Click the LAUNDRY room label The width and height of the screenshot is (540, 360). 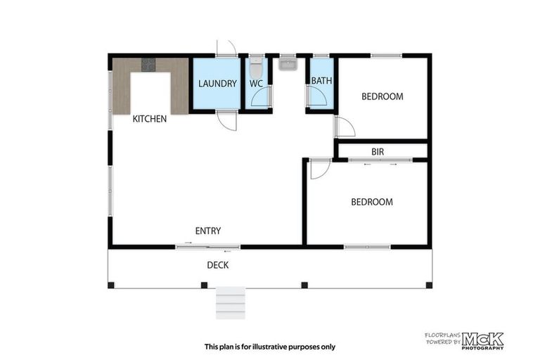point(217,84)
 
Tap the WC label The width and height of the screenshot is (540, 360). point(256,84)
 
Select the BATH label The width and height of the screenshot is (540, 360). point(321,81)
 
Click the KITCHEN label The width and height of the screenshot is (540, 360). point(150,119)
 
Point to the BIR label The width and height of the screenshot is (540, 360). point(378,152)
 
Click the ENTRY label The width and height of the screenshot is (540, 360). point(208,231)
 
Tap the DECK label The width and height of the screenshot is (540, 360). point(217,265)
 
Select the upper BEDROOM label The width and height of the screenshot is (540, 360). point(382,96)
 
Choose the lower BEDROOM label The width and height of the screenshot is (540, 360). point(372,202)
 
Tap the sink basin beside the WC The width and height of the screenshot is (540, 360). point(288,65)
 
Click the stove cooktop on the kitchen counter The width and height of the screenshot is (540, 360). point(148,65)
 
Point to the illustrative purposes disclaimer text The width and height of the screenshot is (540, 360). point(270,346)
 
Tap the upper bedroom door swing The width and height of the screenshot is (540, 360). point(345,127)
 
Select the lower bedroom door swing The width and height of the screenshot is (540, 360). point(319,169)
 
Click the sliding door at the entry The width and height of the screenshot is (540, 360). point(207,246)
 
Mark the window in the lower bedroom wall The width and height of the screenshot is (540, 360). point(367,246)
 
